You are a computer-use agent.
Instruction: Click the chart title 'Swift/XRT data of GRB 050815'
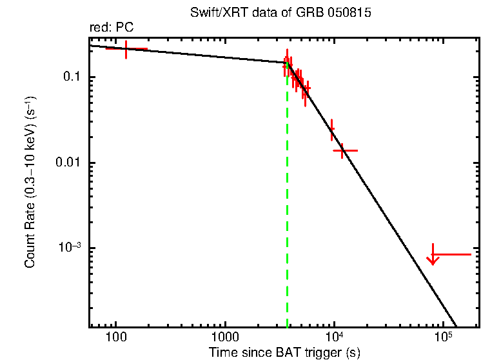click(x=280, y=14)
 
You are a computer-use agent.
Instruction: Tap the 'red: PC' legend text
click(x=111, y=28)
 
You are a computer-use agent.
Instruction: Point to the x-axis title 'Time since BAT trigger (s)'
click(x=284, y=352)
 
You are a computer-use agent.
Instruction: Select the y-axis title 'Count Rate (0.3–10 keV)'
click(x=30, y=183)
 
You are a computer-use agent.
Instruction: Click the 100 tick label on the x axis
click(x=116, y=337)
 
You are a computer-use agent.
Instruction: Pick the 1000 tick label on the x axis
click(x=225, y=337)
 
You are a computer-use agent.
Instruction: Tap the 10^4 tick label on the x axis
click(x=334, y=337)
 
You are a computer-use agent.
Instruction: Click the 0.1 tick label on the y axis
click(x=70, y=77)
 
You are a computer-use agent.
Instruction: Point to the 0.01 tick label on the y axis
click(x=67, y=163)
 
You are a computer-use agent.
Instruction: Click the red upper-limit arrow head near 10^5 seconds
click(x=433, y=260)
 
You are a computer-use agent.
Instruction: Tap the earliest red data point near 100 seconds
click(x=126, y=49)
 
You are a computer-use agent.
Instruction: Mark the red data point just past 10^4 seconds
click(x=344, y=150)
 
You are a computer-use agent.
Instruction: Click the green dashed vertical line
click(x=287, y=206)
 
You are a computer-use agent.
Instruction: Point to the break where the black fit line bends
click(x=287, y=63)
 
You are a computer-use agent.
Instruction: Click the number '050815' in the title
click(x=351, y=14)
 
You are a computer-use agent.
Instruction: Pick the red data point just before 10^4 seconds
click(x=332, y=129)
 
